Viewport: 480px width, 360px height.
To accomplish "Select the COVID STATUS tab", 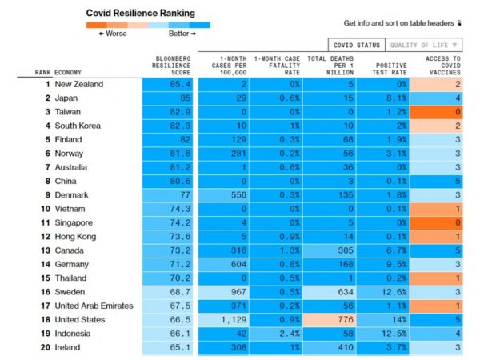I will click(355, 45).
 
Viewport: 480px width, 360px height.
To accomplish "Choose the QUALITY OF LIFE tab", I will click(423, 45).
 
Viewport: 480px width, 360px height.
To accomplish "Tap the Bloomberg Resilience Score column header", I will click(174, 66).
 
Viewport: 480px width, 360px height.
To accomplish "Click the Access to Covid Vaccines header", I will click(442, 66).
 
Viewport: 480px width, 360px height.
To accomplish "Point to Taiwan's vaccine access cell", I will click(442, 111).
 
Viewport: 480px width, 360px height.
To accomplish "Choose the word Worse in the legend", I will click(113, 34).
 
